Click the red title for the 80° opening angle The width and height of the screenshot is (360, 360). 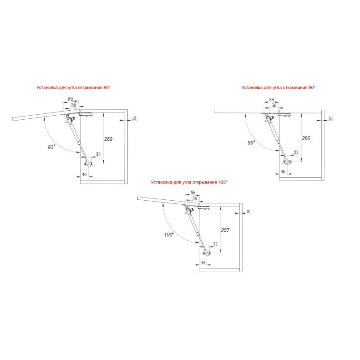tap(73, 87)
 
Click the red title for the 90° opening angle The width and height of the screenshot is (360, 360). tap(278, 87)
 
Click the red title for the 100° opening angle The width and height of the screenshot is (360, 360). tap(189, 182)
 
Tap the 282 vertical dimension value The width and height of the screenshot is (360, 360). tap(108, 139)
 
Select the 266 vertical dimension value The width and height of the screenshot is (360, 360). tap(306, 138)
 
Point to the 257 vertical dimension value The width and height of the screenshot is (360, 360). tap(225, 230)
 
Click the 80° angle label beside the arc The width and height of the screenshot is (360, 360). tap(51, 147)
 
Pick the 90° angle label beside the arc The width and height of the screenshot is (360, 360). tap(251, 143)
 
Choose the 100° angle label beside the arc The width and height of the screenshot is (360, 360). tap(169, 234)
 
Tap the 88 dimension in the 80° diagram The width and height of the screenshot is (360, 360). tap(70, 99)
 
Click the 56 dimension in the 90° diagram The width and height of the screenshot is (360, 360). tap(274, 105)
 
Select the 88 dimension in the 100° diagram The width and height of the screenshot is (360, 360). tap(193, 193)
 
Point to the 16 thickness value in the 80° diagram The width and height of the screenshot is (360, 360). tap(134, 118)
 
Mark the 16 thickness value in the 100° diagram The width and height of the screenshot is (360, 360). tap(248, 211)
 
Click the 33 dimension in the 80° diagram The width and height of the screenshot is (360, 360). tap(98, 154)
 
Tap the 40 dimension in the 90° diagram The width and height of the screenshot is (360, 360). tap(283, 171)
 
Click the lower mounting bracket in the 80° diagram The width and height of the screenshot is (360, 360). tap(88, 164)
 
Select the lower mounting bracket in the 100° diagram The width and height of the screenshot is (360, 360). tap(207, 253)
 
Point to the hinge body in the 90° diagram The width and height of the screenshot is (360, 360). tap(285, 115)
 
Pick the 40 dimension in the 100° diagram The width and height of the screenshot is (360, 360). tap(203, 262)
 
